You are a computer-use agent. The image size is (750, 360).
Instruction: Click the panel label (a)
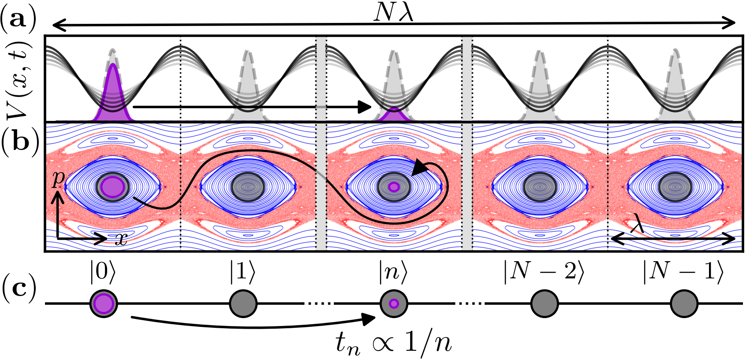coord(19,20)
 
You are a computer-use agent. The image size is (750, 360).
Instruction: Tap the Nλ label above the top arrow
coord(393,13)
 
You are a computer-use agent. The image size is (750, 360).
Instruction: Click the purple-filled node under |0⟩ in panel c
coord(104,304)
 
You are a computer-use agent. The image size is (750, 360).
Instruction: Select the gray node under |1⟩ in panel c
coord(243,304)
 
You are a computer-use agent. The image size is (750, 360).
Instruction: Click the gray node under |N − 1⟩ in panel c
coord(684,304)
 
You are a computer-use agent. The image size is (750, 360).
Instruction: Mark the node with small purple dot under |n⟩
coord(394,304)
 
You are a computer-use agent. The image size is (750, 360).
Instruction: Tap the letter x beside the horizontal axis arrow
coord(121,239)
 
